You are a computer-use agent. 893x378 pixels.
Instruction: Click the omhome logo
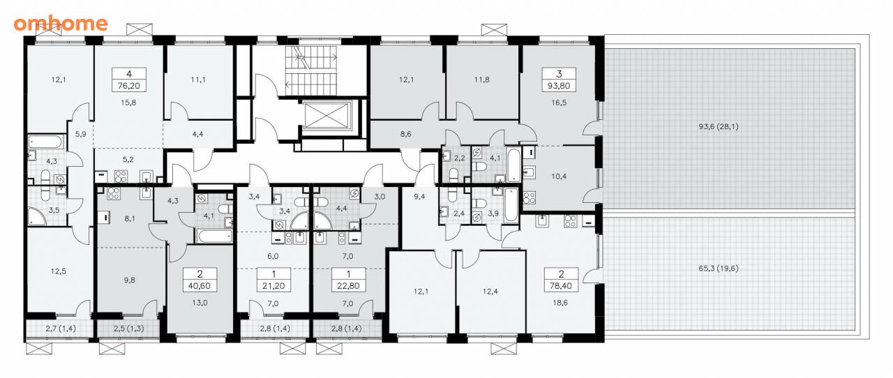pyautogui.click(x=61, y=24)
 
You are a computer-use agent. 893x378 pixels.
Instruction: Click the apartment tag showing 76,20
pyautogui.click(x=129, y=80)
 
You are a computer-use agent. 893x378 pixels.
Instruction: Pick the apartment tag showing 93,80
pyautogui.click(x=559, y=80)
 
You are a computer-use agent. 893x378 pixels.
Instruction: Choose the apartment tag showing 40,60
pyautogui.click(x=200, y=280)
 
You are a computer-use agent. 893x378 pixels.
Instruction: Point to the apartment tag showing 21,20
pyautogui.click(x=273, y=280)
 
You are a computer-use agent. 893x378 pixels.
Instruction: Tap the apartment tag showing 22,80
pyautogui.click(x=348, y=280)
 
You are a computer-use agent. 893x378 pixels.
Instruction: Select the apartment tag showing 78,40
pyautogui.click(x=562, y=280)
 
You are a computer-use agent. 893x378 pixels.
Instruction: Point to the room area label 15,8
pyautogui.click(x=128, y=103)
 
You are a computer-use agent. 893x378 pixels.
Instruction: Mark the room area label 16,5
pyautogui.click(x=559, y=103)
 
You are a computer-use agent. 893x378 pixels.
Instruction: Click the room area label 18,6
pyautogui.click(x=560, y=303)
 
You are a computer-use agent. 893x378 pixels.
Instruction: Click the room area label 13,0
pyautogui.click(x=200, y=303)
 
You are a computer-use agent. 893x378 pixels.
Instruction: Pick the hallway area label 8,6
pyautogui.click(x=406, y=135)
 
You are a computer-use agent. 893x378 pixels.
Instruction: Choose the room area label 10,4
pyautogui.click(x=559, y=176)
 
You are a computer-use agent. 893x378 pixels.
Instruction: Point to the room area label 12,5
pyautogui.click(x=58, y=271)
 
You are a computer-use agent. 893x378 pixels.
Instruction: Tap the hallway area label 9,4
pyautogui.click(x=419, y=197)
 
